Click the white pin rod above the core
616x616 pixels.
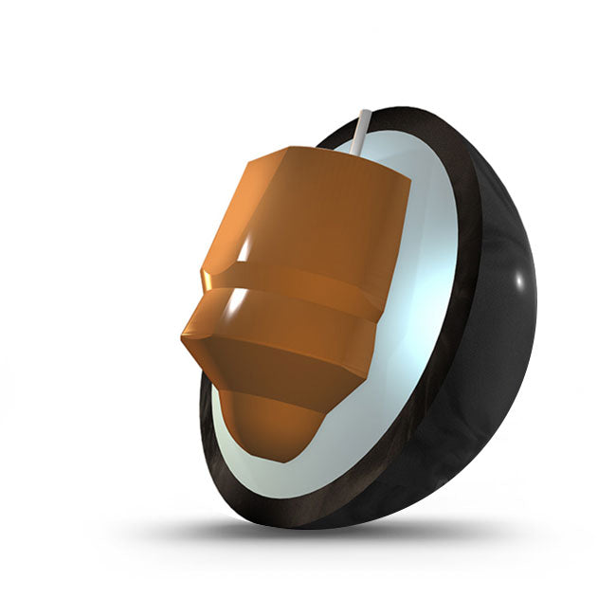point(362,132)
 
